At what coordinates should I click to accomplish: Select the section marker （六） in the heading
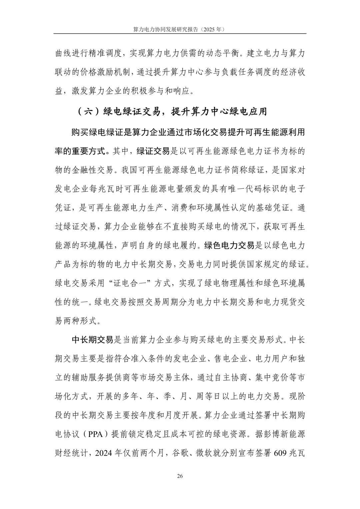coord(88,112)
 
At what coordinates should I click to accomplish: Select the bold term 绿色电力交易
coord(230,246)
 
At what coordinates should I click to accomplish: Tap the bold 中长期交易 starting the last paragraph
coord(93,340)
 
